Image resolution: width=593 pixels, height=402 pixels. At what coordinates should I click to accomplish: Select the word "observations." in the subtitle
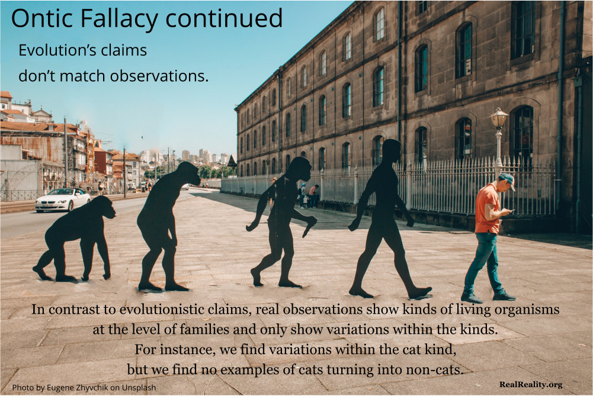(159, 76)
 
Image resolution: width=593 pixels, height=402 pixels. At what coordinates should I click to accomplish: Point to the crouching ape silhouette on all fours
(75, 239)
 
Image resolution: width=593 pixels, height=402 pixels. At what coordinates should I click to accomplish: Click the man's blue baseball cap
(508, 180)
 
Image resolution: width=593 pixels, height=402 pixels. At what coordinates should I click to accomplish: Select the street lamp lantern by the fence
(499, 118)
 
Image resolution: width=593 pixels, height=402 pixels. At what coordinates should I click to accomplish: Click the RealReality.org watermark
(531, 385)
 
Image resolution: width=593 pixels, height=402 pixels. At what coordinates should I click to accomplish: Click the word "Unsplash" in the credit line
(139, 388)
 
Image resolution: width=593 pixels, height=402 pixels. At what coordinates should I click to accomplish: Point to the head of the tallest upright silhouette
(391, 149)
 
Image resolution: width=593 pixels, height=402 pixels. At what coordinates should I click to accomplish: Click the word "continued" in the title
(224, 18)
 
